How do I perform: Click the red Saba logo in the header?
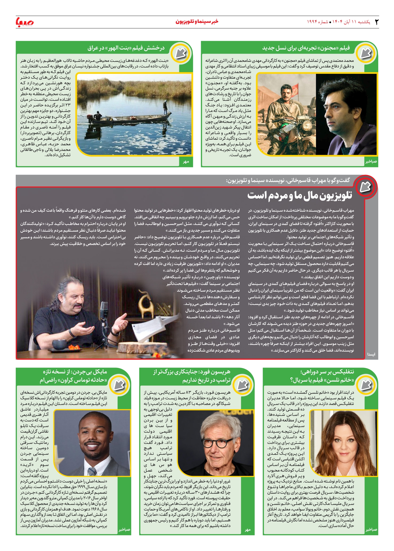25,22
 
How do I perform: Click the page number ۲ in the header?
376,22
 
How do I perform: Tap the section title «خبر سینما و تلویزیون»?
197,22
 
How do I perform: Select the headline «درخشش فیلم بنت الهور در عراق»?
126,48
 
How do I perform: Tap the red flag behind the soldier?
295,91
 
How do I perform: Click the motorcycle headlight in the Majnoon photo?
306,124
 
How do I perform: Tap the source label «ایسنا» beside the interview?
371,354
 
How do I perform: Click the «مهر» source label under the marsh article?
186,162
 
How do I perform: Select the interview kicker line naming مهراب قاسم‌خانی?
288,180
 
